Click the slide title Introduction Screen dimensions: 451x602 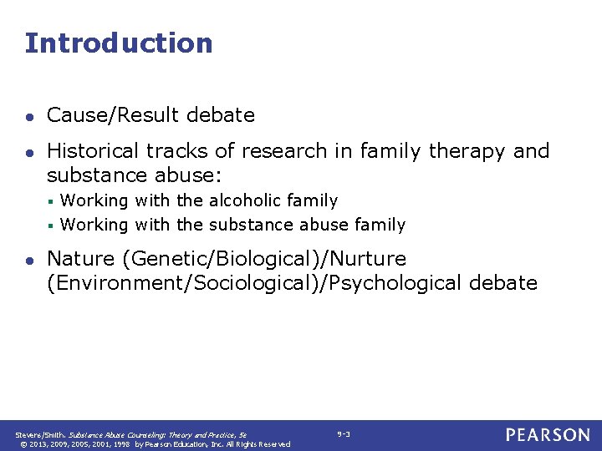119,43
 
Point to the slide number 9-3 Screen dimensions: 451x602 344,433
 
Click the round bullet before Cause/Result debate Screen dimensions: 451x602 29,116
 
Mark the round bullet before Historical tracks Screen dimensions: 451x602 29,152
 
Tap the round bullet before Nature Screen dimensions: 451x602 29,260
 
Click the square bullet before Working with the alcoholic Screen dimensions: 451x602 51,201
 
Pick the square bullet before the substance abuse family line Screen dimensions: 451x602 51,225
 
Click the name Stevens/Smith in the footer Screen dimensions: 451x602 43,434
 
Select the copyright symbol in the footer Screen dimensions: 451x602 20,444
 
